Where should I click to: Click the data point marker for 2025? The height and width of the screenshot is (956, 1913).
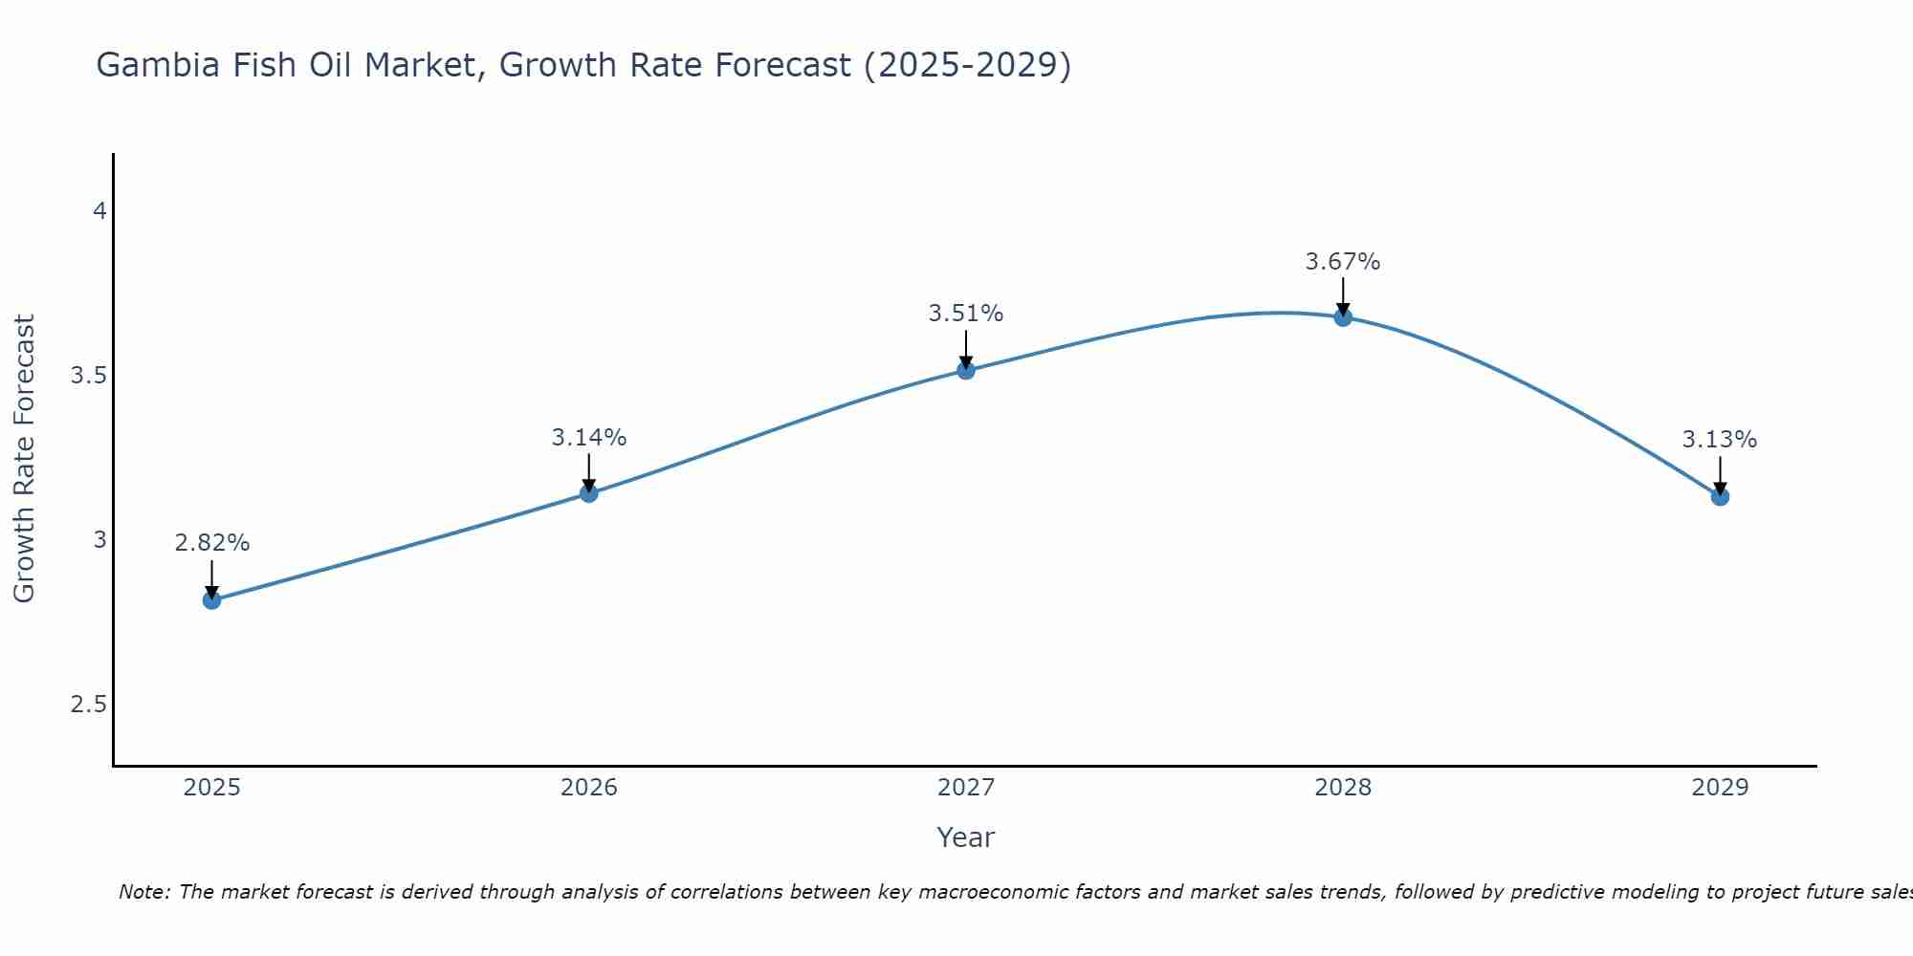[x=211, y=600]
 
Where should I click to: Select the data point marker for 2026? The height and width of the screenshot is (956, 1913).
[x=589, y=493]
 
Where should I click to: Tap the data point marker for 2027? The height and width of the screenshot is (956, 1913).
[x=966, y=370]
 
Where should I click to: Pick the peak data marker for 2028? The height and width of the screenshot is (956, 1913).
[x=1343, y=317]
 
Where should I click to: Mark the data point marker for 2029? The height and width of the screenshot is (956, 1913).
[x=1720, y=496]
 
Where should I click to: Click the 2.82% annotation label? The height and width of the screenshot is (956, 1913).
[x=211, y=543]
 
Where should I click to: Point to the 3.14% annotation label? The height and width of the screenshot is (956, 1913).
[x=589, y=438]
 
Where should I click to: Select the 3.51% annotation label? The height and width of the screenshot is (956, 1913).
[x=966, y=314]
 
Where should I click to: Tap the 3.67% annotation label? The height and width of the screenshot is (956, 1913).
[x=1343, y=262]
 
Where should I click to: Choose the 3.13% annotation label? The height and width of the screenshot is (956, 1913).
[x=1720, y=440]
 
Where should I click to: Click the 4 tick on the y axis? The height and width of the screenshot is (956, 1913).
[x=99, y=211]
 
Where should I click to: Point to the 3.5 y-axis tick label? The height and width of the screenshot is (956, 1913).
[x=88, y=376]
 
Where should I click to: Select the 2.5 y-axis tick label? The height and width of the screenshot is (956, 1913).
[x=88, y=705]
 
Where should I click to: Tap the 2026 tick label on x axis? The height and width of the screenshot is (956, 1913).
[x=589, y=788]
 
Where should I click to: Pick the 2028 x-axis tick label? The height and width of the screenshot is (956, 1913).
[x=1343, y=788]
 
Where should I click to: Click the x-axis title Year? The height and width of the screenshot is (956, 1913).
[x=966, y=837]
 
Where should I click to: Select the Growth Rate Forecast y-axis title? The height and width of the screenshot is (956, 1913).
[x=25, y=459]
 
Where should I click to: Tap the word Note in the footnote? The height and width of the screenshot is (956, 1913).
[x=143, y=892]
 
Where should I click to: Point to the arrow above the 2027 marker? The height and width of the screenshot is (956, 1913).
[x=966, y=350]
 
